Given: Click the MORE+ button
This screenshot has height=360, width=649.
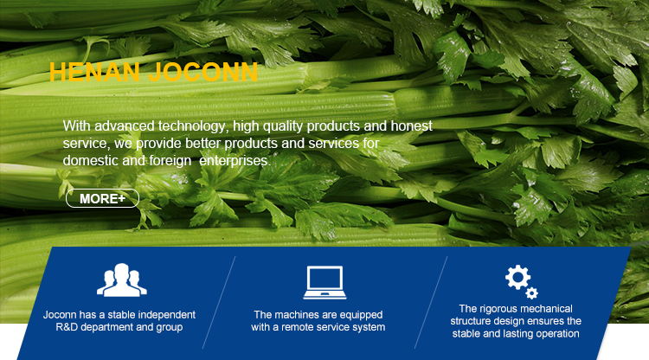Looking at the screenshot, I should click(x=102, y=199).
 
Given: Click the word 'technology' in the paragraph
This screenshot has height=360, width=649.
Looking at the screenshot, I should click(x=200, y=126).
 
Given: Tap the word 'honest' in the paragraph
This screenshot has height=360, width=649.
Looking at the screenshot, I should click(x=410, y=126).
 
